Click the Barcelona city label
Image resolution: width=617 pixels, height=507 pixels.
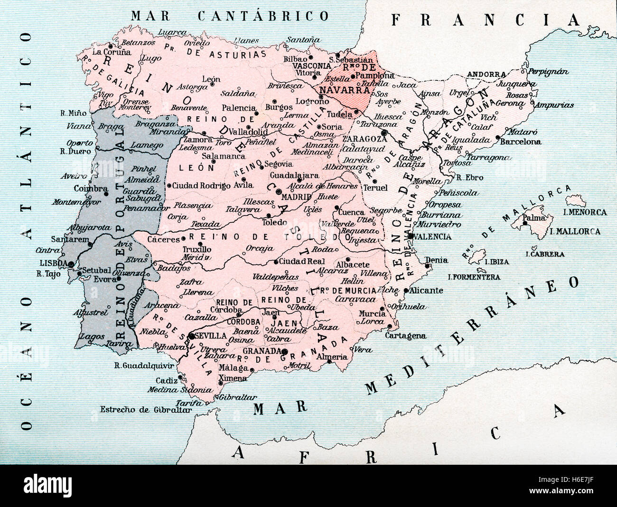(x=522, y=141)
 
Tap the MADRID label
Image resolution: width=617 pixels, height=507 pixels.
(x=296, y=197)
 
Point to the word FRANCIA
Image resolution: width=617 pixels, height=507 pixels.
(x=485, y=19)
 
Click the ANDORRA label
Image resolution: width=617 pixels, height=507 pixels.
(x=486, y=75)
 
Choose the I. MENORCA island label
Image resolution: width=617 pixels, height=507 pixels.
(x=585, y=212)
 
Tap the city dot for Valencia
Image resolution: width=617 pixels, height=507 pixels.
(x=411, y=236)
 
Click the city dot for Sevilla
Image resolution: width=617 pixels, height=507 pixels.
(x=191, y=336)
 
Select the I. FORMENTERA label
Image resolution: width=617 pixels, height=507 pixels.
(x=474, y=277)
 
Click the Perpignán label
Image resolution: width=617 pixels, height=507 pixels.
(x=548, y=72)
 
